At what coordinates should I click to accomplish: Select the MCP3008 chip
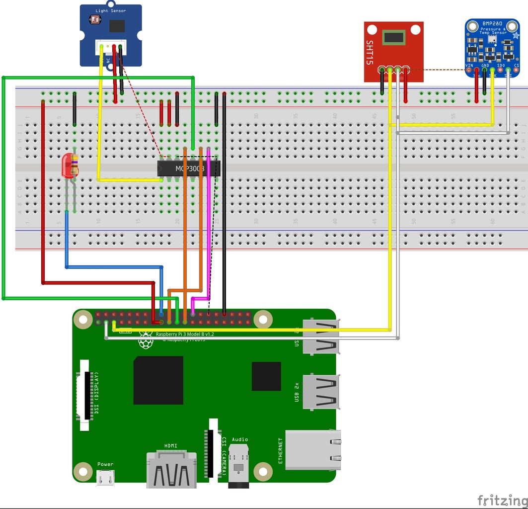point(189,169)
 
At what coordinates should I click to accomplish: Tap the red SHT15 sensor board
point(393,52)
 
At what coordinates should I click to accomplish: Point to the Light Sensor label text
point(110,10)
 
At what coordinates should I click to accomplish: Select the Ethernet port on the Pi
point(313,450)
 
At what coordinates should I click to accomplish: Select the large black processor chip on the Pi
point(158,380)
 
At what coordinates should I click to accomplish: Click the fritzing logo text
point(502,500)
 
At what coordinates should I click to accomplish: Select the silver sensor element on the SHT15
point(393,37)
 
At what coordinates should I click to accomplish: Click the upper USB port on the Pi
point(321,337)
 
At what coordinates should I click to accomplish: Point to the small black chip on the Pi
point(266,376)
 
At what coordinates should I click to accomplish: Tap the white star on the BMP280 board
point(515,36)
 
